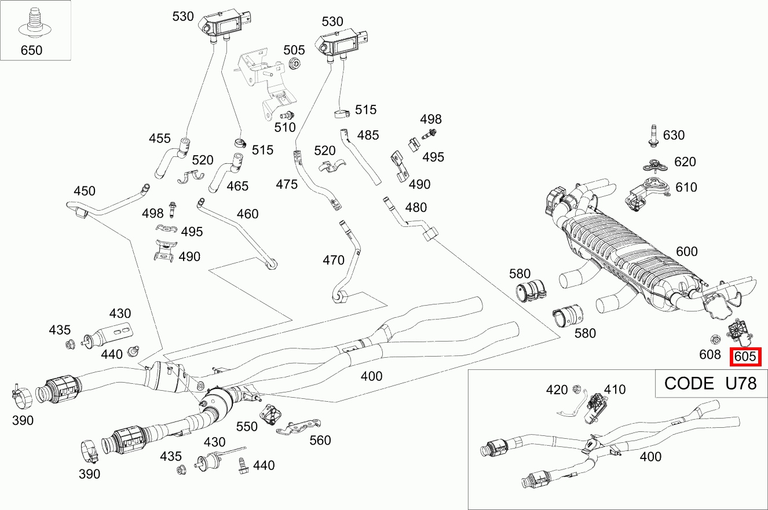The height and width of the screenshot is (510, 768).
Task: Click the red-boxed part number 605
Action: [x=745, y=357]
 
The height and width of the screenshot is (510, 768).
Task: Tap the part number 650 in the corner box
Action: [x=31, y=50]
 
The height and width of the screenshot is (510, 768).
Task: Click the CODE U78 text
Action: [x=710, y=383]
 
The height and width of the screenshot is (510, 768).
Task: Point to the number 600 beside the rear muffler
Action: [x=687, y=252]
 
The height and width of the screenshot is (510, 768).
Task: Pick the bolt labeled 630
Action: [x=653, y=137]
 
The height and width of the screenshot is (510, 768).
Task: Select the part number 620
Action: [x=685, y=162]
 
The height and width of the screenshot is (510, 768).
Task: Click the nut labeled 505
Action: [x=293, y=64]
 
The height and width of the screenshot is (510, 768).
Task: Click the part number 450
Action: [x=85, y=191]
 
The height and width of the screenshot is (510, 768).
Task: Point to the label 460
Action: [x=247, y=214]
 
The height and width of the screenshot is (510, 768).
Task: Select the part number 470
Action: [x=333, y=260]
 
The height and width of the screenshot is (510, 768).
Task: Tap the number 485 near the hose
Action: [x=368, y=135]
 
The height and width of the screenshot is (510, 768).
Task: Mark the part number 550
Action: [x=247, y=427]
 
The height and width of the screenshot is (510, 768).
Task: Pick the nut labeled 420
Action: [x=576, y=390]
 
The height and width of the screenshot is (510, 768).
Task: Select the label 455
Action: [x=160, y=138]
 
